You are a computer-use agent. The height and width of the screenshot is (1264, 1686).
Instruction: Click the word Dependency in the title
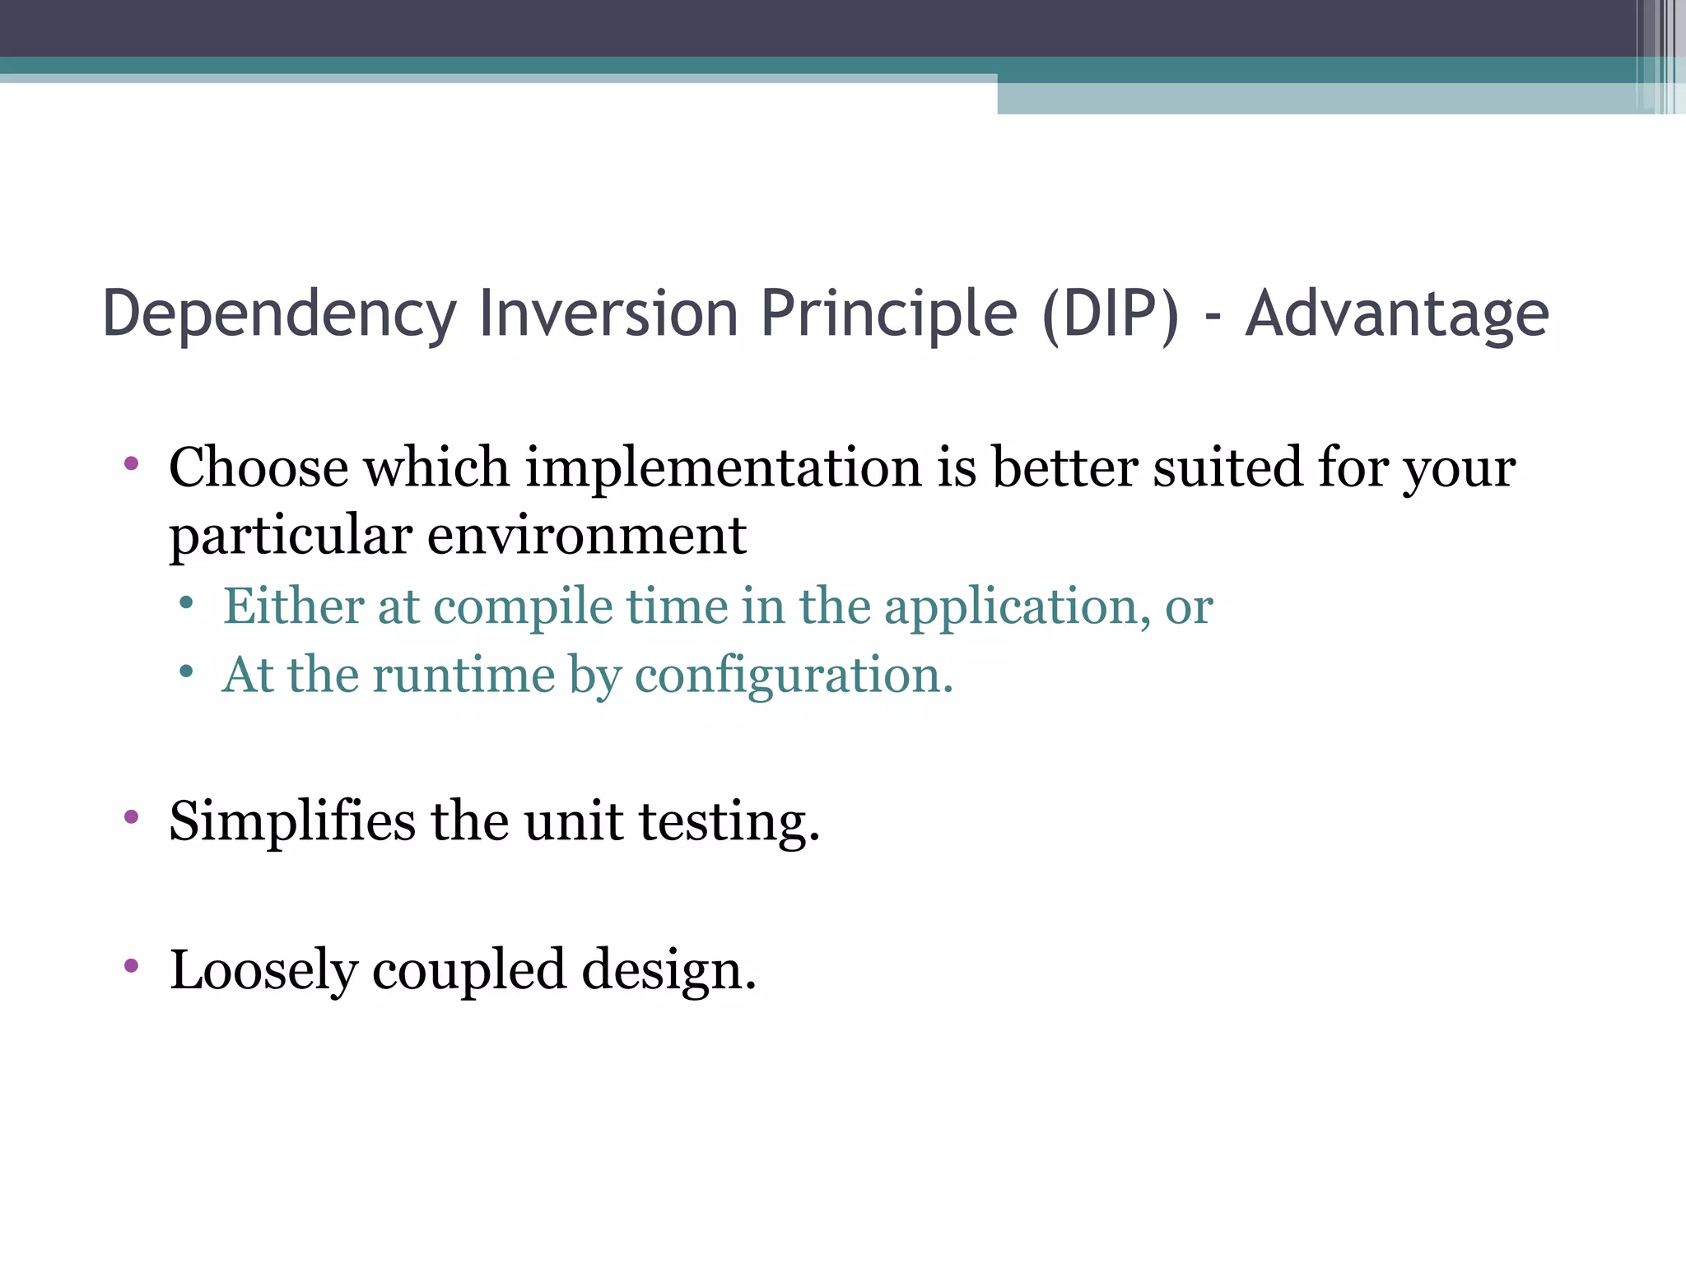[278, 314]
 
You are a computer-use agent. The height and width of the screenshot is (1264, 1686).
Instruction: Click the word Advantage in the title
[1396, 314]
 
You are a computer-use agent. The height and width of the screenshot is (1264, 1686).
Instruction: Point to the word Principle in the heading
[888, 314]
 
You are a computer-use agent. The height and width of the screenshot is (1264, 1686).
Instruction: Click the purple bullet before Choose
[131, 463]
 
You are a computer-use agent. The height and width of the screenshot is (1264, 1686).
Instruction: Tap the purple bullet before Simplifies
[131, 817]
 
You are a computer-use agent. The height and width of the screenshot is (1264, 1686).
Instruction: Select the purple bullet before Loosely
[131, 965]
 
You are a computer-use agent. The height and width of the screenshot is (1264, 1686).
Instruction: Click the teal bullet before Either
[187, 604]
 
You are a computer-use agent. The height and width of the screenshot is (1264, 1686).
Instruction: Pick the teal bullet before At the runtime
[187, 672]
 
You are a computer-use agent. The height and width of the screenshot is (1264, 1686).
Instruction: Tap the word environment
[586, 536]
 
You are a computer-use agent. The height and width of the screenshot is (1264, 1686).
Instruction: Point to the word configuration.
[794, 676]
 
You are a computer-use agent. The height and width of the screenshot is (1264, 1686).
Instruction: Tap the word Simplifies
[292, 821]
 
